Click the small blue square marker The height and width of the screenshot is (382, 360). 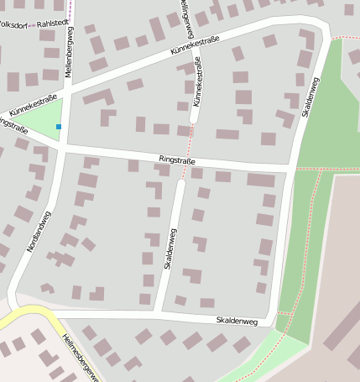59,127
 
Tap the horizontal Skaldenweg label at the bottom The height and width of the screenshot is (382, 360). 236,320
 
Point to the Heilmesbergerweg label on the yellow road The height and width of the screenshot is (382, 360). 81,357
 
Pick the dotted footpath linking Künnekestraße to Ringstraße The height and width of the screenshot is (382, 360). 188,148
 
